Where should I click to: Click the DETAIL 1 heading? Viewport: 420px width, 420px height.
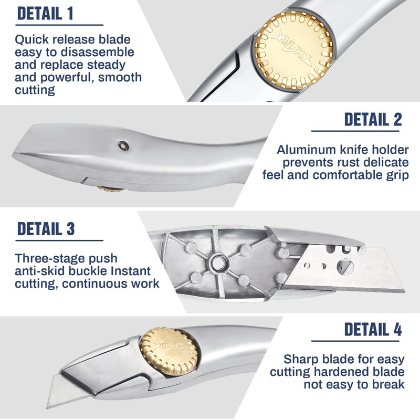[45, 14]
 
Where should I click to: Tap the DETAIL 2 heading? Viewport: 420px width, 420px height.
[373, 120]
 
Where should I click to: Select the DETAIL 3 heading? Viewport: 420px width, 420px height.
[46, 229]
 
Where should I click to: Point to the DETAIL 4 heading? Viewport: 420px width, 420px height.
[373, 329]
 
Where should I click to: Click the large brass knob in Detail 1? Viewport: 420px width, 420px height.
[293, 50]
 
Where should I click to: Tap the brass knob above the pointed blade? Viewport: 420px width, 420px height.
[169, 351]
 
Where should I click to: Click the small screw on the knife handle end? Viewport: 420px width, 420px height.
[124, 145]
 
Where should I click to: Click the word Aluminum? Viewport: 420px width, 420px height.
[307, 150]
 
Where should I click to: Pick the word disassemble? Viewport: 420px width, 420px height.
[98, 52]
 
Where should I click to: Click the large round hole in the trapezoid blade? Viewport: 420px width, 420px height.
[345, 267]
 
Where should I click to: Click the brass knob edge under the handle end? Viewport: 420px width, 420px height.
[110, 188]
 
